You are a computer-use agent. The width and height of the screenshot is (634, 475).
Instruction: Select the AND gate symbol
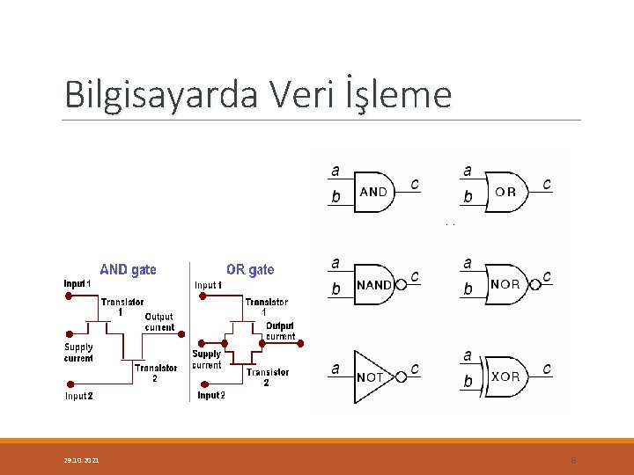click(373, 192)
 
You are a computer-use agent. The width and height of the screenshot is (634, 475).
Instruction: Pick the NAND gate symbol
click(374, 284)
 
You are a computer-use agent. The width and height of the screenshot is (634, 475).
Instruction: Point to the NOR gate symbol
click(505, 284)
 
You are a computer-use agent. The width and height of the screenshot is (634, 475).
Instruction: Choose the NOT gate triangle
click(371, 376)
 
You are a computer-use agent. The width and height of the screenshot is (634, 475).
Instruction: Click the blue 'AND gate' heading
click(129, 270)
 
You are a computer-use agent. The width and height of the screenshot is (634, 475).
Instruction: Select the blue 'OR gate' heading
click(250, 270)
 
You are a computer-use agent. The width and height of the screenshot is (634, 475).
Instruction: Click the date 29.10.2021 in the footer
click(81, 460)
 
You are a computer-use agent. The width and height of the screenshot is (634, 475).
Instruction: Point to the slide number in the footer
click(573, 460)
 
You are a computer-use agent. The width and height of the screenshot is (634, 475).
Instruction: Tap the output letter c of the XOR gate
click(547, 369)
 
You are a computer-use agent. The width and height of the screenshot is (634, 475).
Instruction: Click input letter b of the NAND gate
click(335, 289)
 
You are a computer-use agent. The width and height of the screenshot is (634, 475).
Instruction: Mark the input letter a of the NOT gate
click(335, 369)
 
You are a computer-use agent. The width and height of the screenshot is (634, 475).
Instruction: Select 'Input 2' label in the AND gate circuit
click(79, 396)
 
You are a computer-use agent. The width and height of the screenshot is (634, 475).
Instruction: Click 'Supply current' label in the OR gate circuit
click(207, 360)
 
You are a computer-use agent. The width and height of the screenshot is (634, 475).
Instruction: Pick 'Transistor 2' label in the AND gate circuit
click(156, 373)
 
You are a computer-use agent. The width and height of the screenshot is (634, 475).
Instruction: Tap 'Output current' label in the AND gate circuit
click(159, 322)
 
